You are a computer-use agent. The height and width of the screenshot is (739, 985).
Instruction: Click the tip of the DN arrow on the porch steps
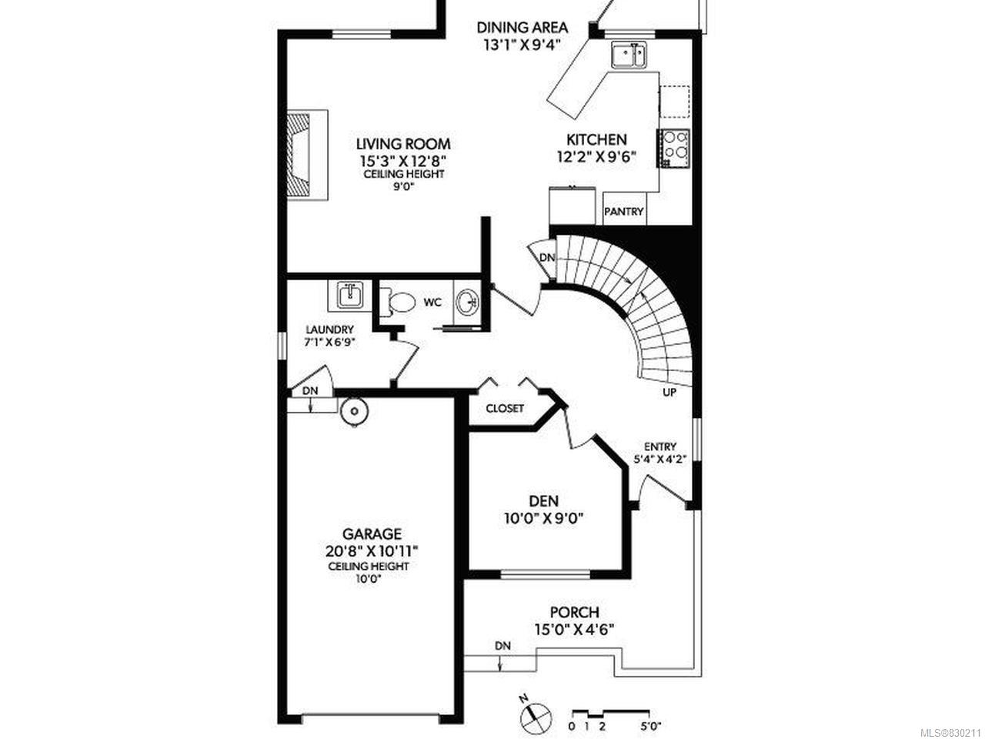pos(500,670)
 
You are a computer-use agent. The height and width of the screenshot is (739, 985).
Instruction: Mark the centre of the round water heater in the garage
pos(354,411)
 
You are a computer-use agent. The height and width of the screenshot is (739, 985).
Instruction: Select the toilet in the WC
pos(397,303)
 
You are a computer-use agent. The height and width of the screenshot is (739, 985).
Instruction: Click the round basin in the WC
pos(468,303)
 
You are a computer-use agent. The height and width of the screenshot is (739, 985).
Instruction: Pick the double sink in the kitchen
pos(628,55)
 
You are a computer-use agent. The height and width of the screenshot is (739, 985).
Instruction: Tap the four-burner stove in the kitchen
pos(673,148)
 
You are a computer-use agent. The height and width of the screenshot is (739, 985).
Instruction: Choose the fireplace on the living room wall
pos(308,155)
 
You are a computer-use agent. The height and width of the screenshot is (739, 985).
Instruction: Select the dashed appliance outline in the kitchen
pos(676,102)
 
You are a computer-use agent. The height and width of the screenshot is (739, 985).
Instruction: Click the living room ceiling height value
pos(404,186)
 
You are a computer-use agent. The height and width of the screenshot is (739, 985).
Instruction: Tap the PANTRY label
pos(624,211)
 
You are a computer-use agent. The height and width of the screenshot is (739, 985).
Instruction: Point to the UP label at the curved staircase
pos(669,393)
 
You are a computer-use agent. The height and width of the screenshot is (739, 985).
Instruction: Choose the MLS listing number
pos(950,733)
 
